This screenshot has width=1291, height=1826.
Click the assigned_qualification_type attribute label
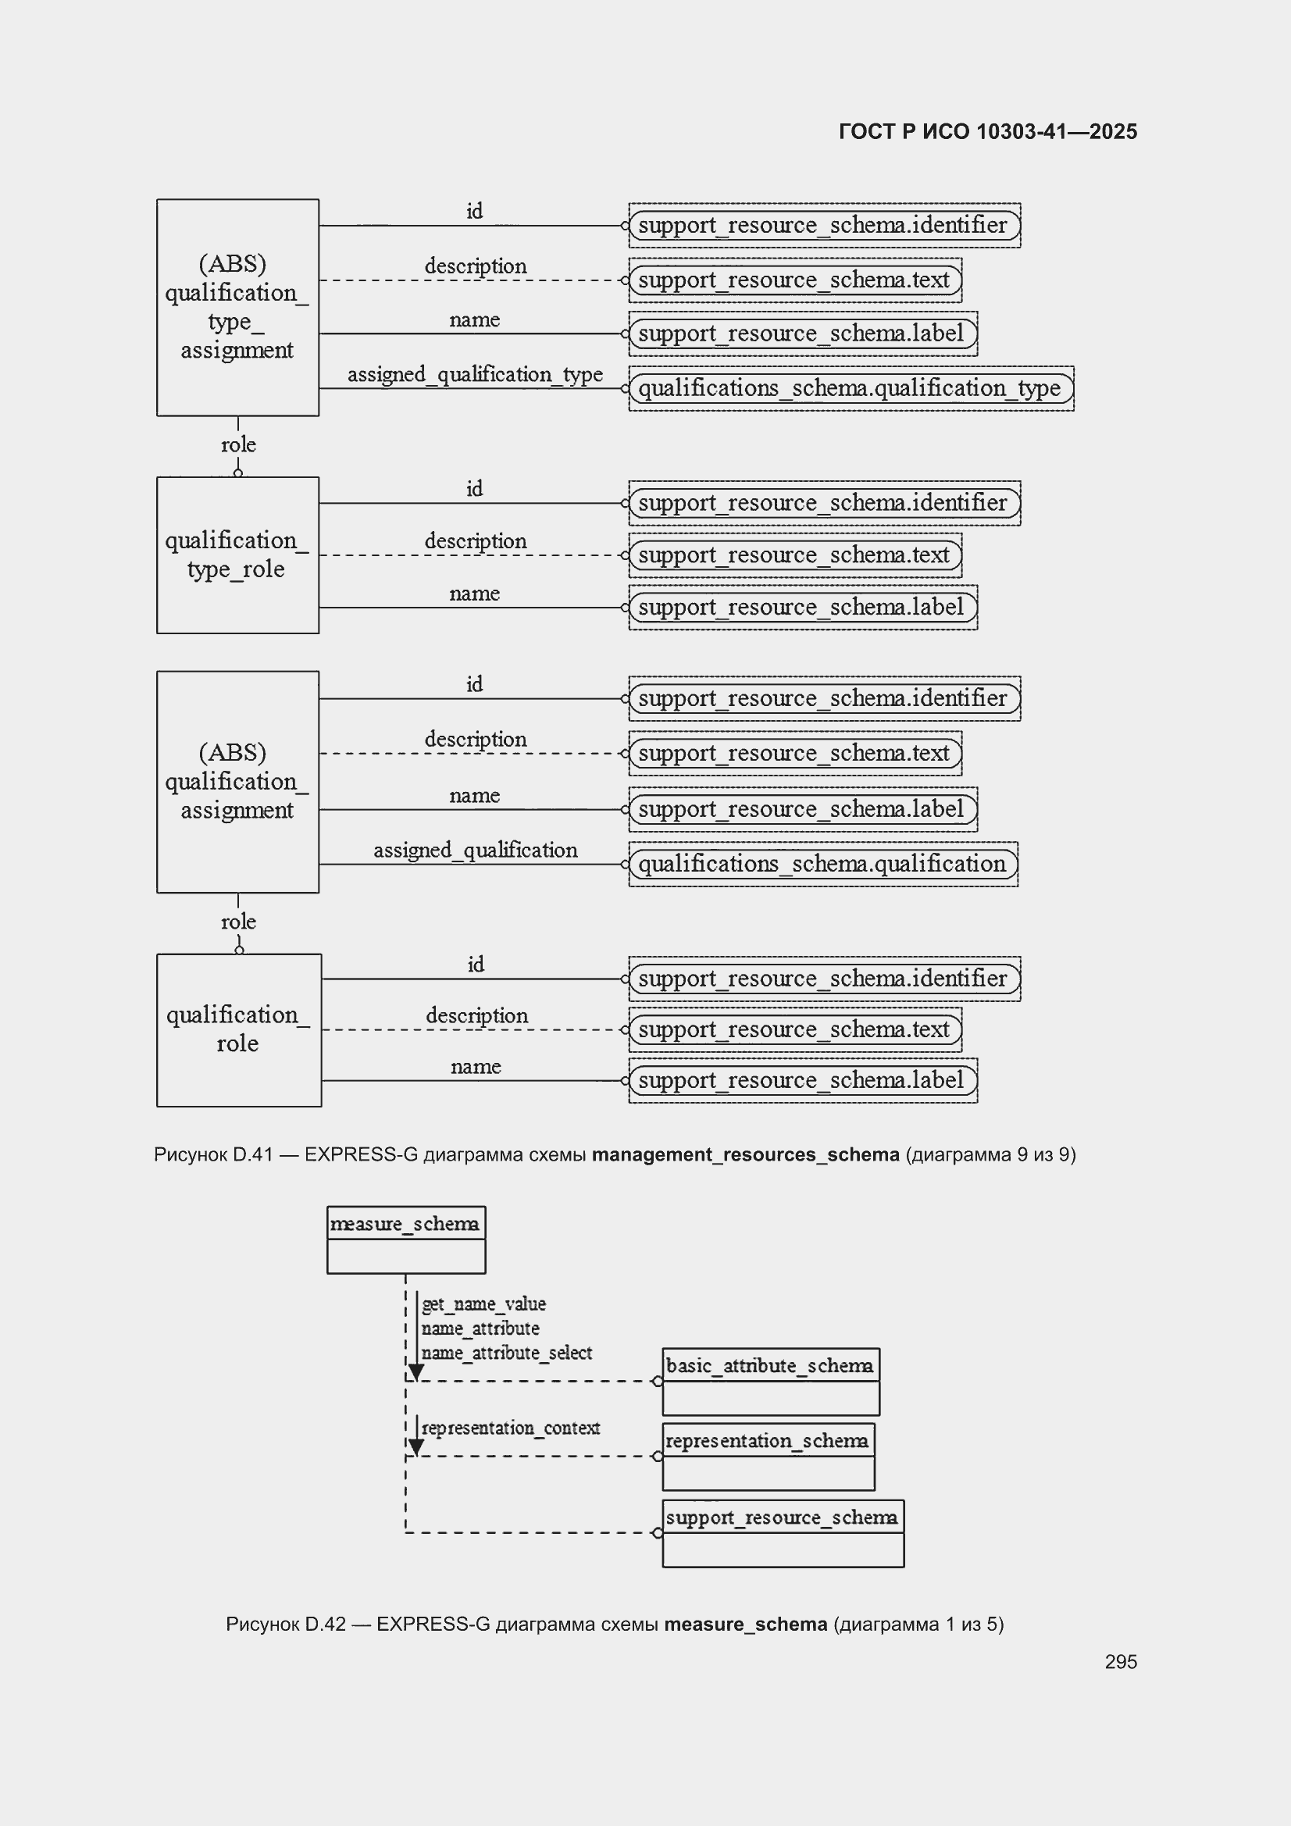point(475,375)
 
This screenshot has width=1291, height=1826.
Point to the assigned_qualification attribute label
point(476,851)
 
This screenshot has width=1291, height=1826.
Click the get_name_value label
point(483,1304)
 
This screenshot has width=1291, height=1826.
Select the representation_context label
point(511,1428)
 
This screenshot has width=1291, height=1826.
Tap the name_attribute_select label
point(507,1353)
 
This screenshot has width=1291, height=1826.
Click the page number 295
point(1121,1661)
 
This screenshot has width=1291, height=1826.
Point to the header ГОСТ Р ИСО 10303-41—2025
point(988,131)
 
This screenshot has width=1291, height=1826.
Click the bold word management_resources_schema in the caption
point(745,1154)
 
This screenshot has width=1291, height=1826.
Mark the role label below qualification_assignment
point(239,922)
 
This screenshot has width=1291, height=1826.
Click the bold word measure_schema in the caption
point(746,1623)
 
